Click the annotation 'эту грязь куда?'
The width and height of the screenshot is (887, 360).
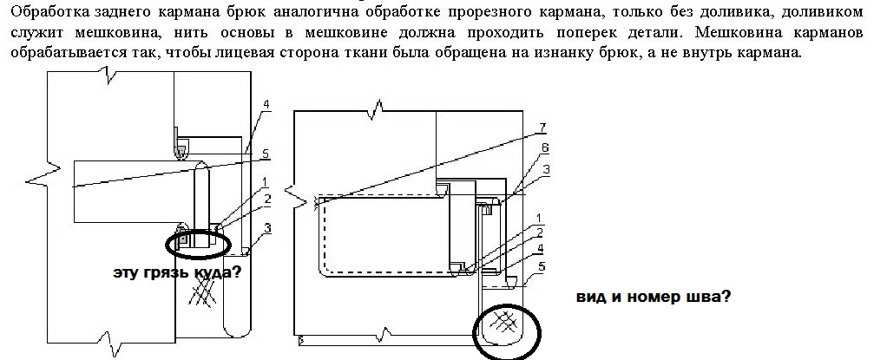tap(176, 272)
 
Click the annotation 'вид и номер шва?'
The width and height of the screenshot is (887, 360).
tap(653, 296)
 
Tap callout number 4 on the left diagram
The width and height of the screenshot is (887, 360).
tap(266, 104)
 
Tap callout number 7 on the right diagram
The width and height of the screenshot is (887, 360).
tap(542, 128)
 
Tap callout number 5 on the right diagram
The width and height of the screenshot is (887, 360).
tap(542, 266)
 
